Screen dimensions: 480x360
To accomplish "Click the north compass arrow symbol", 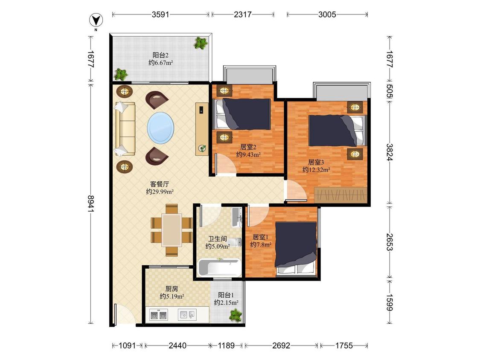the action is (x=96, y=20).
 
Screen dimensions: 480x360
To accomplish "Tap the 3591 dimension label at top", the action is (x=160, y=15).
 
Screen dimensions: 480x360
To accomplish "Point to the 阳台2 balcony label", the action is (x=161, y=55).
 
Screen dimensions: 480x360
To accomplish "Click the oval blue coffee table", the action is (x=161, y=128).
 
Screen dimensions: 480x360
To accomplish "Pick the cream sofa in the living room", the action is (x=125, y=128).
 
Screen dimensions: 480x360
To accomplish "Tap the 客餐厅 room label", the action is (x=160, y=184).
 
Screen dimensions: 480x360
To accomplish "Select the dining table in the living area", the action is (x=172, y=230).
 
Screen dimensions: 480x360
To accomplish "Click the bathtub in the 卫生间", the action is (x=219, y=267).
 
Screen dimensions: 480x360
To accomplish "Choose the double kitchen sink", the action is (x=159, y=315).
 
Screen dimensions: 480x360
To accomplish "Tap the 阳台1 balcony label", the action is (x=226, y=295).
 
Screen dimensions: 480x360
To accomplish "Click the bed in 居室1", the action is (x=296, y=249).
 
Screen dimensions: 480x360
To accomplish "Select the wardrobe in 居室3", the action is (x=340, y=195).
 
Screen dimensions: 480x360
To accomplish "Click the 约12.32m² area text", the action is (x=316, y=170).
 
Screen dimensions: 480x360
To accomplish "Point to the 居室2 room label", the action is (x=248, y=147).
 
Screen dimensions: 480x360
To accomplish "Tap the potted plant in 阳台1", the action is (x=236, y=315).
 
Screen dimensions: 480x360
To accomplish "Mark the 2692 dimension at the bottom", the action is (x=281, y=345).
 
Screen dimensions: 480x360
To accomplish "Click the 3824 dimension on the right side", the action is (x=390, y=152).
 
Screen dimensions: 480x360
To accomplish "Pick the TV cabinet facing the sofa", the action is (x=202, y=129).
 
